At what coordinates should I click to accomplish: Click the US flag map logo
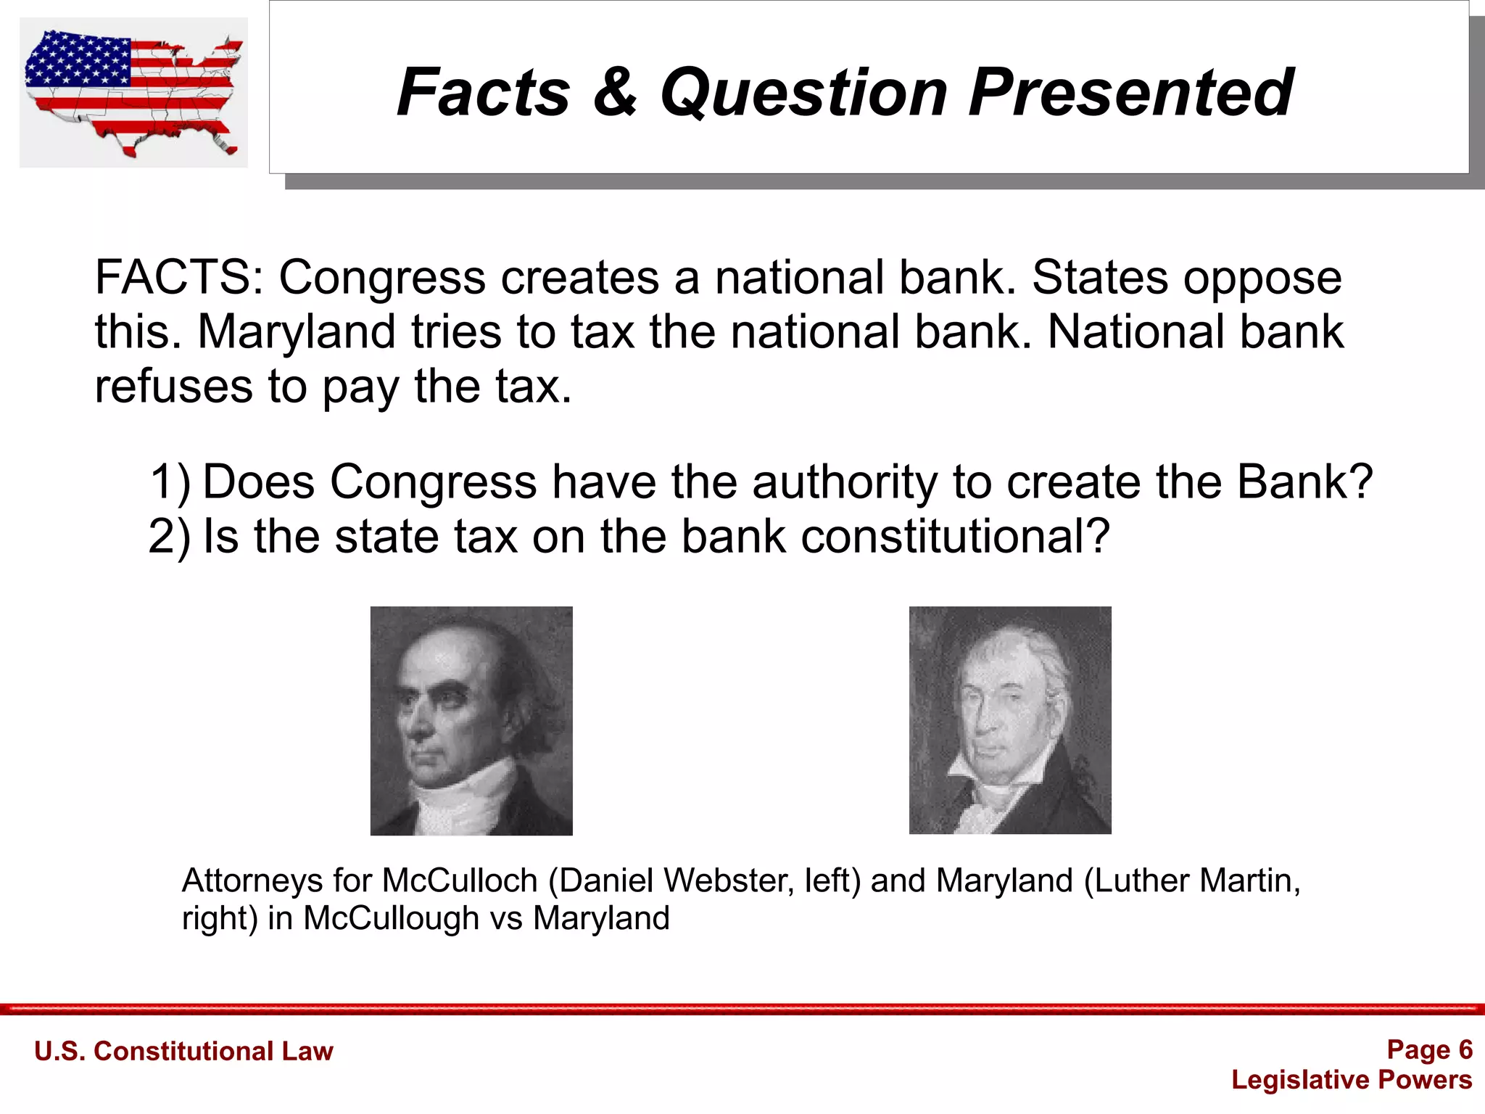[133, 93]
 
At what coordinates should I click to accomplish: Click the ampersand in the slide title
[615, 92]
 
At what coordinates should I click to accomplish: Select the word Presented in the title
[1130, 92]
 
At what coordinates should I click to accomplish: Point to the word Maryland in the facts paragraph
[297, 331]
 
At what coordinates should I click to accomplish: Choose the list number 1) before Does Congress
[170, 482]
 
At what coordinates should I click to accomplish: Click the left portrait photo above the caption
[471, 721]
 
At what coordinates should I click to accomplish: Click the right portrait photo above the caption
[1010, 720]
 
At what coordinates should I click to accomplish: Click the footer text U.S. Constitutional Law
[183, 1051]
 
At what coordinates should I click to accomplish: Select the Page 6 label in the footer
[1428, 1049]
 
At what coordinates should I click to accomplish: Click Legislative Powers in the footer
[1352, 1080]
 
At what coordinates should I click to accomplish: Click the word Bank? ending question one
[1304, 482]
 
